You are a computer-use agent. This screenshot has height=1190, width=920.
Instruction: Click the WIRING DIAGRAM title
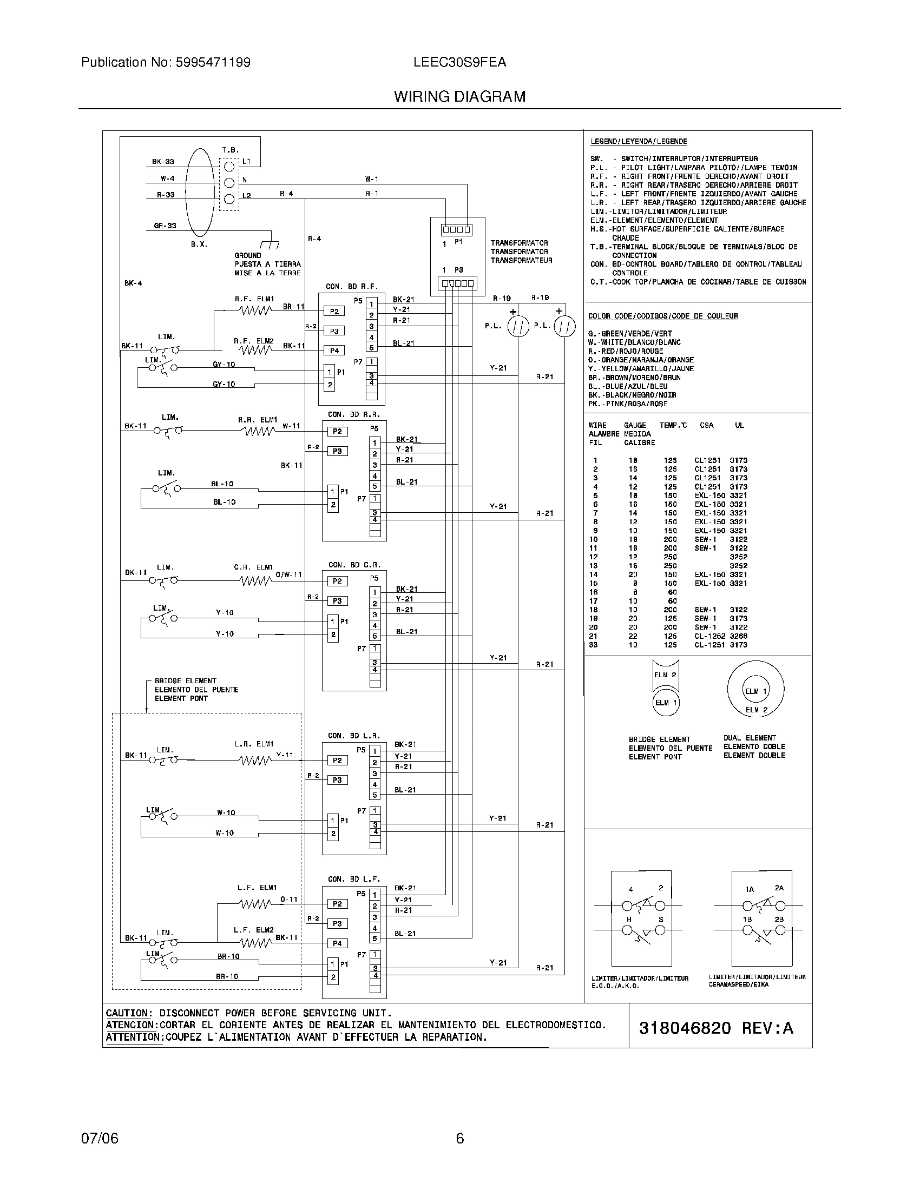pyautogui.click(x=459, y=96)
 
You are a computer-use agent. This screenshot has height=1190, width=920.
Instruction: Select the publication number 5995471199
pyautogui.click(x=213, y=62)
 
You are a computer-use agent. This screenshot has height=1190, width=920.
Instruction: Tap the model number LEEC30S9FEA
pyautogui.click(x=459, y=62)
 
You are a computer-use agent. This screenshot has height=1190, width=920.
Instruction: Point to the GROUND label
pyautogui.click(x=247, y=255)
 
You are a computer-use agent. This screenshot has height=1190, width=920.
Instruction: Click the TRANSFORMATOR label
pyautogui.click(x=519, y=243)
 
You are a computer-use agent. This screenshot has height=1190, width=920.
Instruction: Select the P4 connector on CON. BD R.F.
pyautogui.click(x=334, y=351)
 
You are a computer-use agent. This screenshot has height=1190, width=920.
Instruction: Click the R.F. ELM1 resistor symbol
pyautogui.click(x=255, y=310)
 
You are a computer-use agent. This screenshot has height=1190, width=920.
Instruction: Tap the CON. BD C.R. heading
pyautogui.click(x=354, y=565)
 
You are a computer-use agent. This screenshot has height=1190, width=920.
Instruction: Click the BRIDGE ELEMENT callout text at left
pyautogui.click(x=185, y=681)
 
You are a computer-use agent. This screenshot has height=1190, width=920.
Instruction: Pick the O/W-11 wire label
pyautogui.click(x=288, y=575)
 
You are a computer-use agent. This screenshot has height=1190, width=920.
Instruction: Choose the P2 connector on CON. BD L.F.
pyautogui.click(x=337, y=904)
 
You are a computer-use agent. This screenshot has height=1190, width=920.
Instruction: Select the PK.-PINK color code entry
pyautogui.click(x=627, y=404)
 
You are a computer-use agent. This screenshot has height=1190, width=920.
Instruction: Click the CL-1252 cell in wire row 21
pyautogui.click(x=707, y=636)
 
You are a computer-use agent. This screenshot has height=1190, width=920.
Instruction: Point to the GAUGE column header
pyautogui.click(x=635, y=425)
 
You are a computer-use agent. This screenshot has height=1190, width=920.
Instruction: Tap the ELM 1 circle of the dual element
pyautogui.click(x=755, y=691)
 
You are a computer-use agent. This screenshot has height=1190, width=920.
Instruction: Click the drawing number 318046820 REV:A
pyautogui.click(x=715, y=1028)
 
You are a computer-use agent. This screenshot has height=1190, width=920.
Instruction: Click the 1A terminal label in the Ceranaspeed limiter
pyautogui.click(x=750, y=889)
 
